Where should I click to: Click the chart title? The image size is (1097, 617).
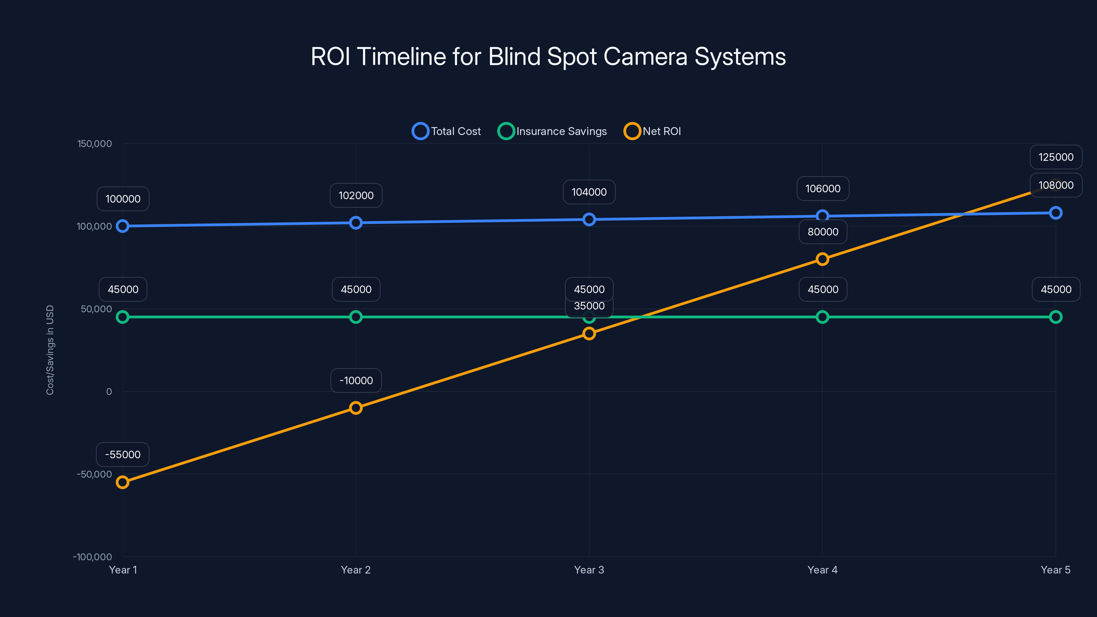click(x=548, y=57)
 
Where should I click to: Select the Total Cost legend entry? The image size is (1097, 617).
click(x=447, y=131)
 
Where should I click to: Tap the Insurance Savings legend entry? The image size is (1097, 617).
click(x=553, y=131)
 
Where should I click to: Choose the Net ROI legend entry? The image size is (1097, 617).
click(x=652, y=131)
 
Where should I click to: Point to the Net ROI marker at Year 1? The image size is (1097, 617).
click(x=123, y=482)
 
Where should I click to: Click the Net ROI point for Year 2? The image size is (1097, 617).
click(x=355, y=408)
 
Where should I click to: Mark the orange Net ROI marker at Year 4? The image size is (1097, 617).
click(x=822, y=259)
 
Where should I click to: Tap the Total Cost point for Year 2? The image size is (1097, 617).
click(x=355, y=223)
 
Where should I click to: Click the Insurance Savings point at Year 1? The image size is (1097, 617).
click(x=123, y=317)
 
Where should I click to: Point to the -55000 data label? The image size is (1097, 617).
click(x=123, y=454)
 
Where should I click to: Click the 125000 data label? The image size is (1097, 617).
click(x=1056, y=157)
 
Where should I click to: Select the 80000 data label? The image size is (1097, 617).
click(x=823, y=232)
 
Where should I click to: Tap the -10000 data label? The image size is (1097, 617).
click(x=356, y=380)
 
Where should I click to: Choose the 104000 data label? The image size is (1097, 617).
click(x=589, y=192)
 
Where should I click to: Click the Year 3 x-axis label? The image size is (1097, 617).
click(x=589, y=570)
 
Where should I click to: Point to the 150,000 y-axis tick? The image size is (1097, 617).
click(x=95, y=144)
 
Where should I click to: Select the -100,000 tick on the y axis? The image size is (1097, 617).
click(x=93, y=557)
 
